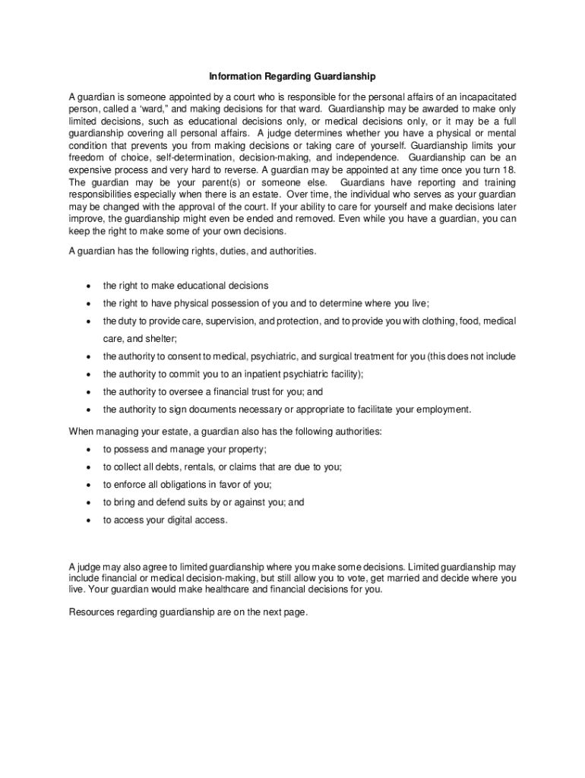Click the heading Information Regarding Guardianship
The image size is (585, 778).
pyautogui.click(x=292, y=77)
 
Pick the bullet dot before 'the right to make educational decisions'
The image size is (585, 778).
pyautogui.click(x=89, y=286)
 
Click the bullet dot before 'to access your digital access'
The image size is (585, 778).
pyautogui.click(x=89, y=520)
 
